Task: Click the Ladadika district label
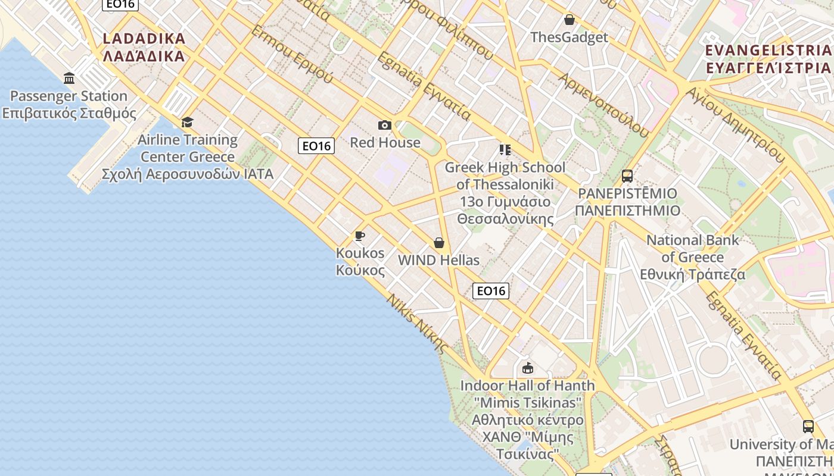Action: [144, 48]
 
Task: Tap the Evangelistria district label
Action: [768, 58]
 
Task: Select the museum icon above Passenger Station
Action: [69, 78]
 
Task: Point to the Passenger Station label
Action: [69, 104]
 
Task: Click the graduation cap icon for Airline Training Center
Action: [188, 122]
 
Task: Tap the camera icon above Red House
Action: [385, 125]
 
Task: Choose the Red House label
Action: [385, 143]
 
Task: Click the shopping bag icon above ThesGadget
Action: [570, 20]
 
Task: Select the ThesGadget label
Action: [569, 37]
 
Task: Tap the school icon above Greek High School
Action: [505, 149]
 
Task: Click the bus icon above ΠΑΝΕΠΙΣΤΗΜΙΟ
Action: [627, 176]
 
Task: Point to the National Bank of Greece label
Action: [693, 257]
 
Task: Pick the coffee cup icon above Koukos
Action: [360, 236]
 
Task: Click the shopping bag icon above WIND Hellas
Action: [439, 243]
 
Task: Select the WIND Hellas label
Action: [438, 261]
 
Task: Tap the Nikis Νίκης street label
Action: [417, 324]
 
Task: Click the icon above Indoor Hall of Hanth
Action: [527, 368]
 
